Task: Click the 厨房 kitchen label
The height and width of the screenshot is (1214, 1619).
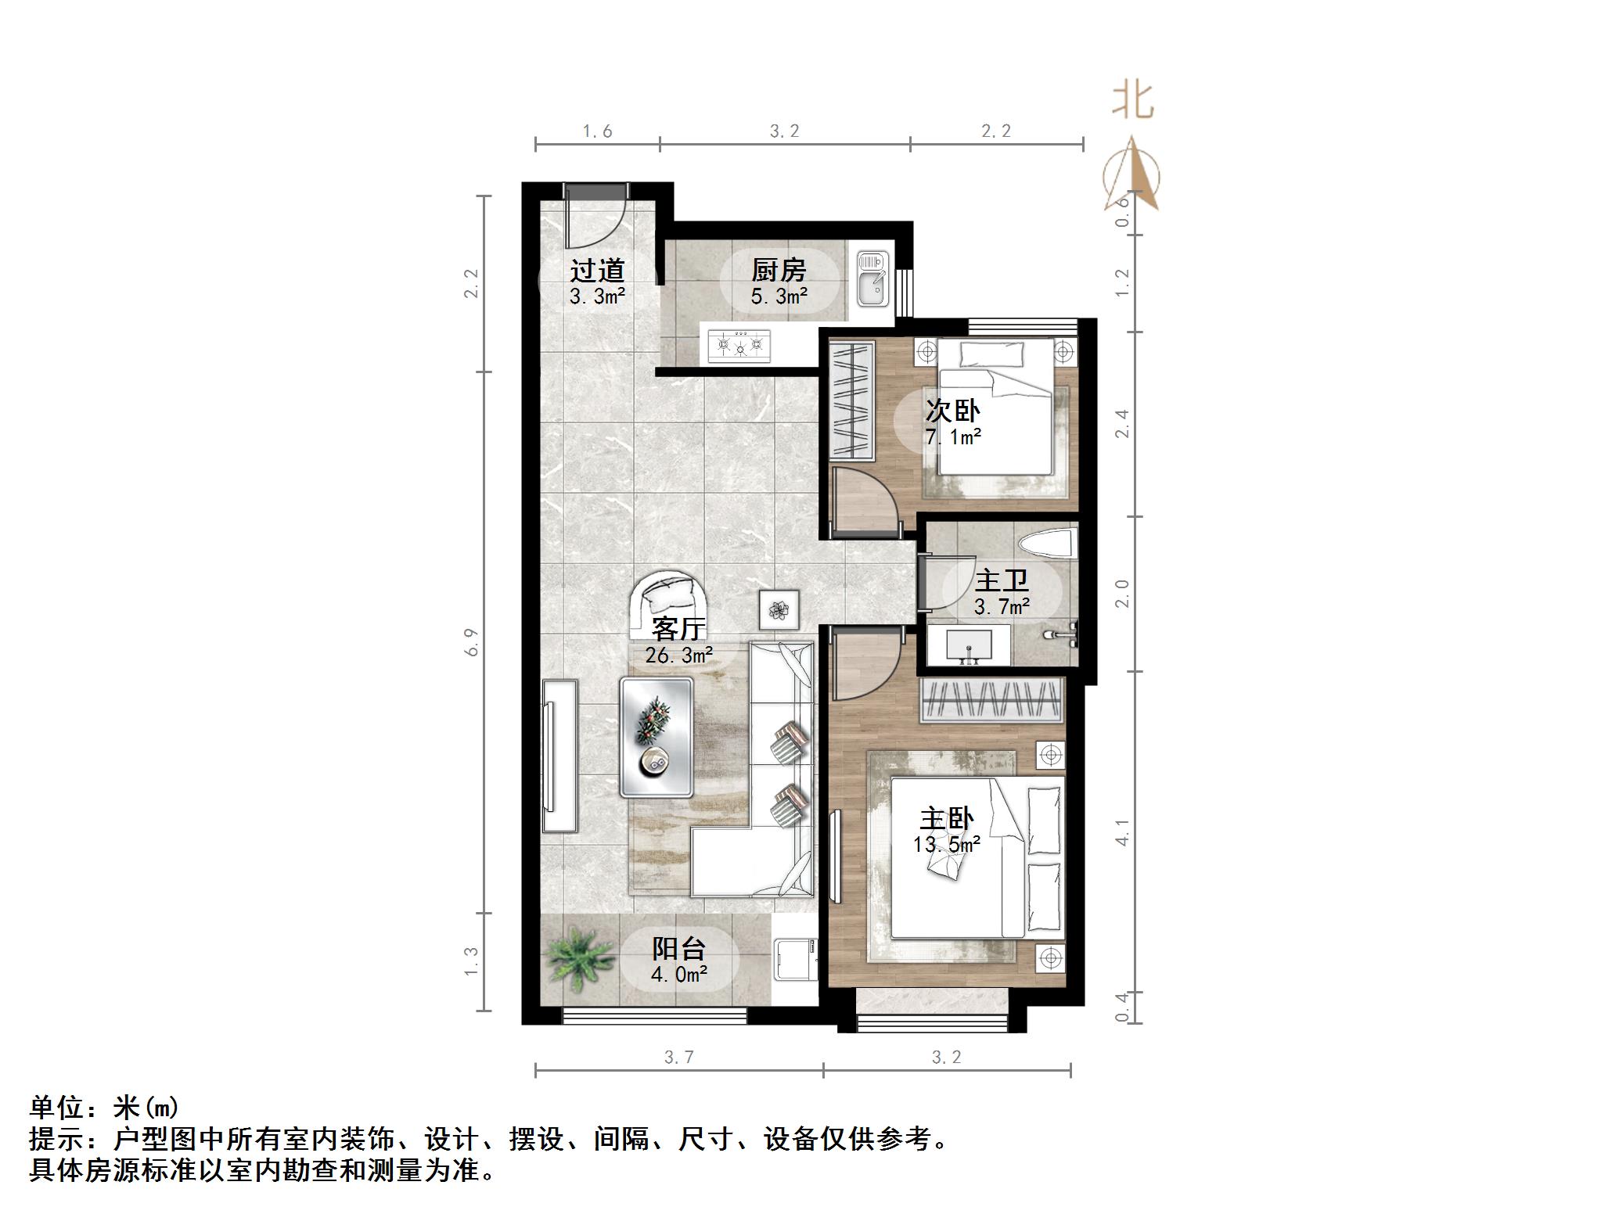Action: tap(779, 271)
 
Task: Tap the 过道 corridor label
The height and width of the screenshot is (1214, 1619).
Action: tap(597, 271)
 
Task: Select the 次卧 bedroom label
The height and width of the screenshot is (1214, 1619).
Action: tap(952, 411)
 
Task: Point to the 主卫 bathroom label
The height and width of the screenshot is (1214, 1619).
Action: tap(1002, 581)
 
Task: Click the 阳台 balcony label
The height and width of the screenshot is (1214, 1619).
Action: tap(679, 949)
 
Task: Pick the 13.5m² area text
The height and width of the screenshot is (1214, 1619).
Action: tap(947, 845)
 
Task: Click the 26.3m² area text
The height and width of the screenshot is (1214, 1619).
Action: tap(678, 655)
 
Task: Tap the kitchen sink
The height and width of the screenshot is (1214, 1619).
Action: tap(871, 278)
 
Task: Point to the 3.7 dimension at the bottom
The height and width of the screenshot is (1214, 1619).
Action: tap(678, 1058)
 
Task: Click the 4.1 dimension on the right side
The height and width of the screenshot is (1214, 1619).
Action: tap(1122, 832)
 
